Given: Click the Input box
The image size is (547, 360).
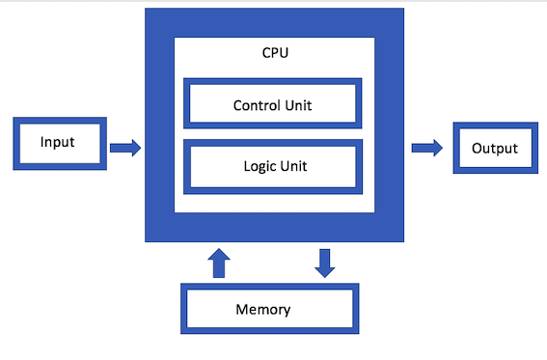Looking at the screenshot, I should coord(58,143).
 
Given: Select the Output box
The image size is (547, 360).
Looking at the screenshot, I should coord(495,149).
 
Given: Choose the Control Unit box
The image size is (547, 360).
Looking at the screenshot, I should coord(273,104).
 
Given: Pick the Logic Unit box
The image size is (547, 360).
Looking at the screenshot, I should coord(273,165).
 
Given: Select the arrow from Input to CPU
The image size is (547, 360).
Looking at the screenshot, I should coord(124,148).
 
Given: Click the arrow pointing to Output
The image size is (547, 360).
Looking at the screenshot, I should coord(426,148).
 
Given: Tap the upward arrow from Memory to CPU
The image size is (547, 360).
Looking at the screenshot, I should coord(220,262).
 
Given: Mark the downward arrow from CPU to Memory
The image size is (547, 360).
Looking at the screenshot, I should coord(325,262).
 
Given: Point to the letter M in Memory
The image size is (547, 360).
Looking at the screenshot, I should coord(242,310).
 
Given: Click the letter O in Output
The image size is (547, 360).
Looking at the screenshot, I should coord(477,149).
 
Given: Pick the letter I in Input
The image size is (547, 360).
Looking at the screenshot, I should coord(41,143).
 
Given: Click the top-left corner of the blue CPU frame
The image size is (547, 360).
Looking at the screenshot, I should coord(147,9).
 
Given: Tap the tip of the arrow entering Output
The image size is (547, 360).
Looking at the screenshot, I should coord(442,148).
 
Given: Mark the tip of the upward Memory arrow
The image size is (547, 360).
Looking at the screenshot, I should coord(220,248).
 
